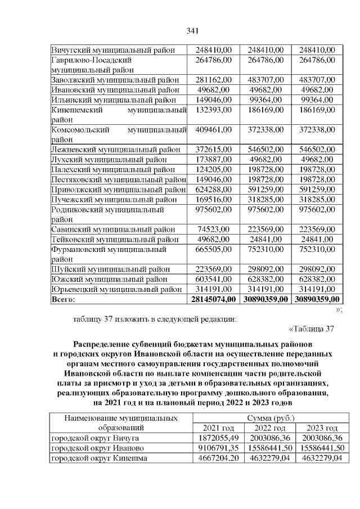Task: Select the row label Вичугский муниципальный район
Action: [x=115, y=49]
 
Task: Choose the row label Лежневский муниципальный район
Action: [x=116, y=150]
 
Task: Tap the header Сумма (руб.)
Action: [x=269, y=418]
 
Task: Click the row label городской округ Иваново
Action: [x=96, y=448]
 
